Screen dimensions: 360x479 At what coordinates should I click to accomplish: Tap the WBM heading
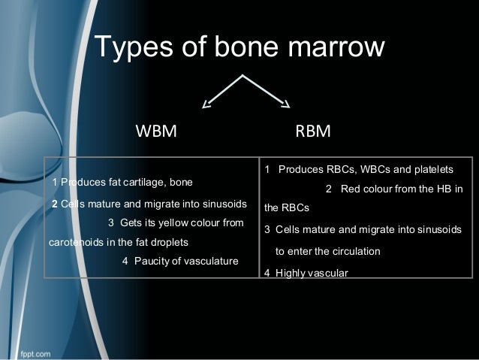[155, 133]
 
